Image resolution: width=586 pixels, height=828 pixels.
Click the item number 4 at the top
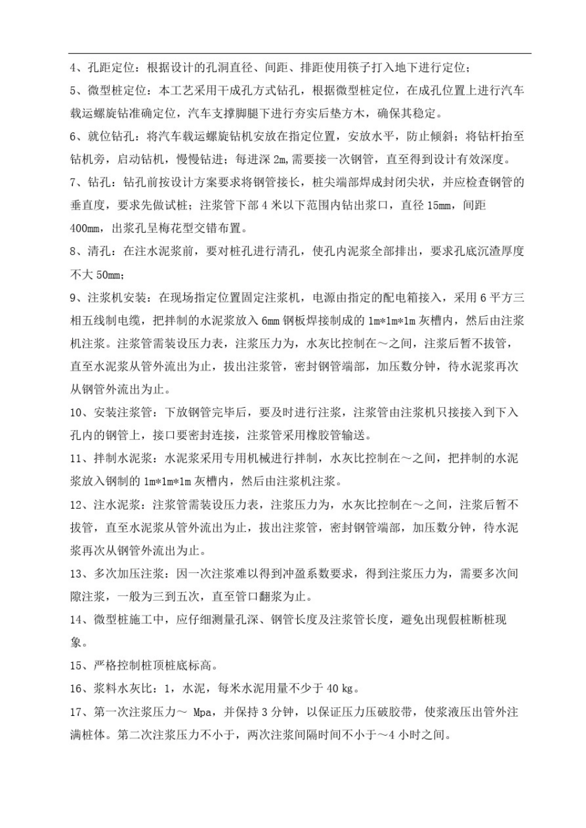coord(73,68)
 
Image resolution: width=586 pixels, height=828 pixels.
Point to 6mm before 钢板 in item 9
coord(271,321)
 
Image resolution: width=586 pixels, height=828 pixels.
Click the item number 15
coord(76,666)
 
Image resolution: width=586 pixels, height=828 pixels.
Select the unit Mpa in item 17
coord(202,712)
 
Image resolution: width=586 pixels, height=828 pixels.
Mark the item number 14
coord(76,620)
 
